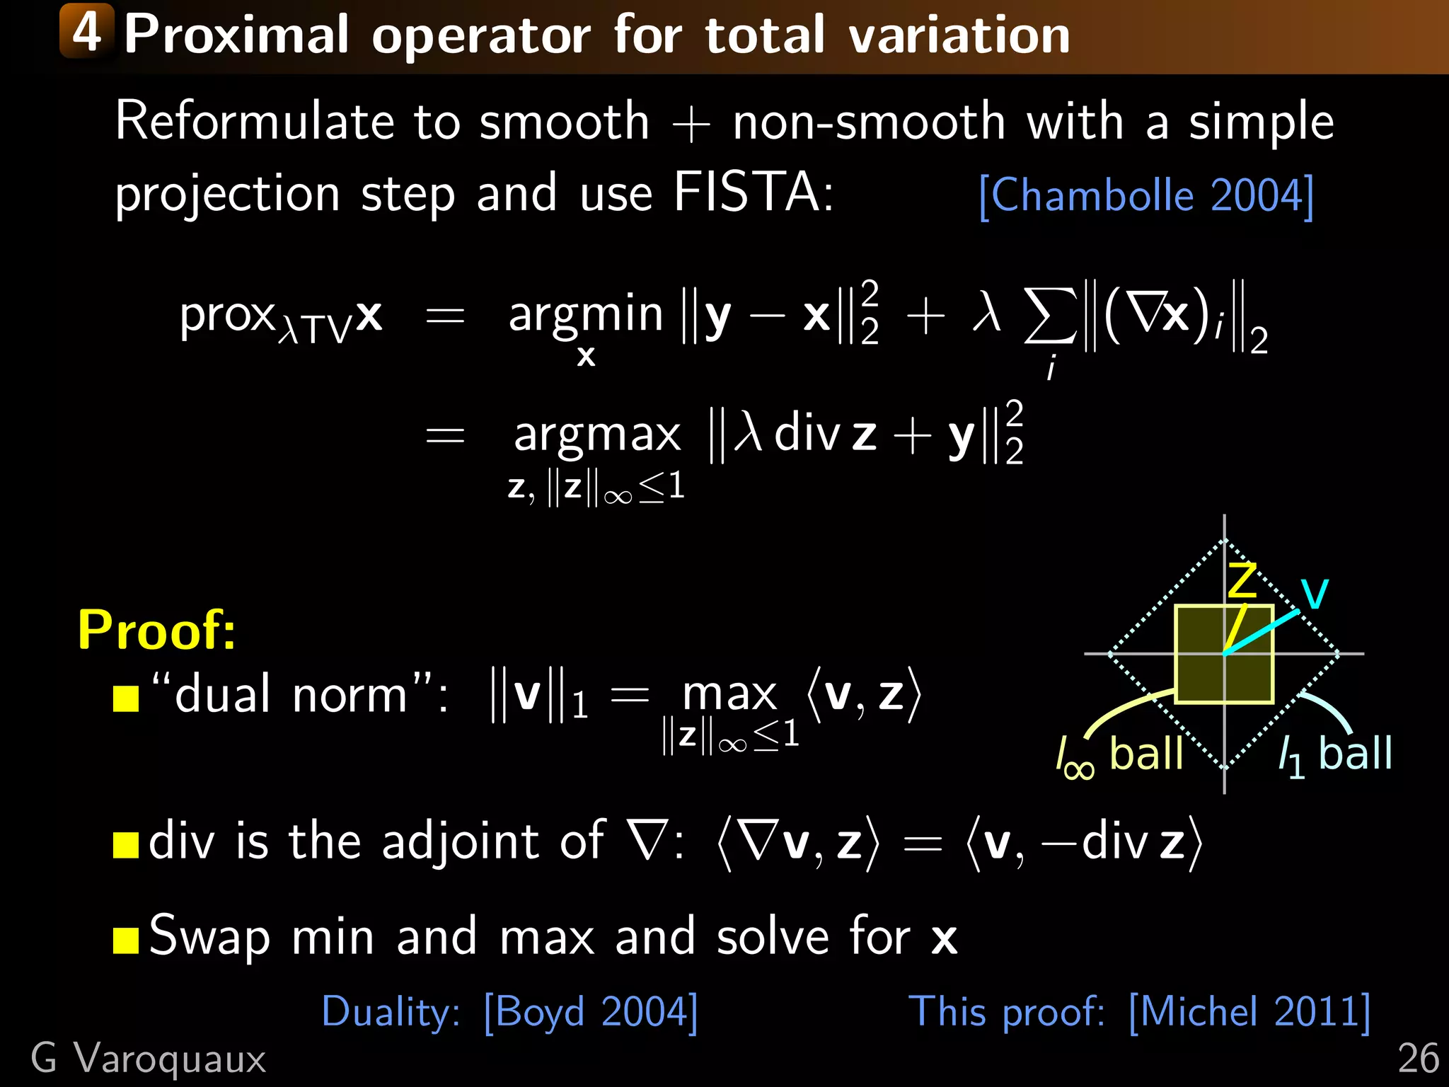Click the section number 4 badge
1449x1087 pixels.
click(86, 31)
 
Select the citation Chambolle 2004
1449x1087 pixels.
click(1146, 195)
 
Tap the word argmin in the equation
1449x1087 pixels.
click(585, 315)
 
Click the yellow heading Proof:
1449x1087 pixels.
click(156, 629)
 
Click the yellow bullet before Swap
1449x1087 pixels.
click(126, 941)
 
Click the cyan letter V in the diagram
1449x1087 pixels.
click(1315, 593)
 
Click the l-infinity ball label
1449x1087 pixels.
click(1119, 754)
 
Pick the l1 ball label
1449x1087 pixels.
click(1334, 754)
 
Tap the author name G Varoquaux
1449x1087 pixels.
click(149, 1059)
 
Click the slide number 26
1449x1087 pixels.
click(1418, 1059)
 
